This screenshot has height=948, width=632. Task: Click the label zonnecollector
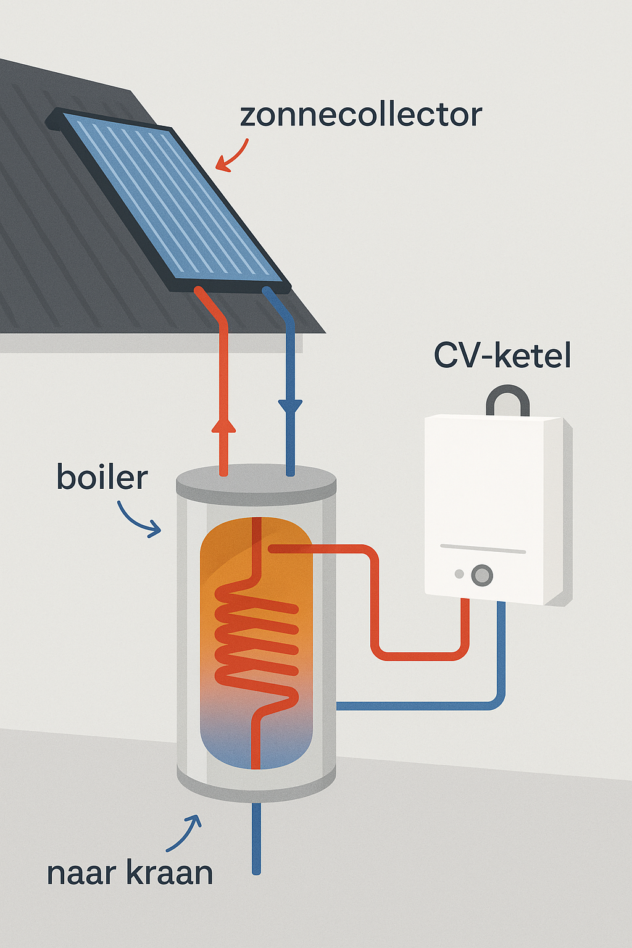pyautogui.click(x=360, y=115)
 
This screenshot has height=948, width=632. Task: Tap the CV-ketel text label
pyautogui.click(x=502, y=355)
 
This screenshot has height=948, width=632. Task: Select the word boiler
pyautogui.click(x=102, y=478)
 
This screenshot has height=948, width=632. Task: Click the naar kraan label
pyautogui.click(x=130, y=873)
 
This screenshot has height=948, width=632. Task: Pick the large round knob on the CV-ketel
pyautogui.click(x=482, y=575)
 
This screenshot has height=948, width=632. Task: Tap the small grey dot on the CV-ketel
pyautogui.click(x=459, y=574)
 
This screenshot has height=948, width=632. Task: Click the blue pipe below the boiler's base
pyautogui.click(x=256, y=839)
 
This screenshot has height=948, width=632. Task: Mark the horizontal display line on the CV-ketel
pyautogui.click(x=483, y=549)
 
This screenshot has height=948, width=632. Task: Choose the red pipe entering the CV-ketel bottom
pyautogui.click(x=465, y=623)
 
